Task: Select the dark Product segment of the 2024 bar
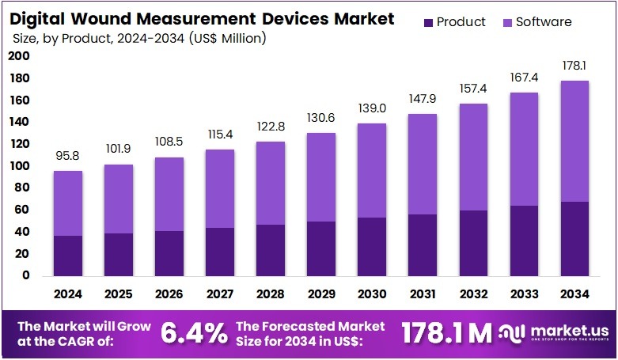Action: [x=68, y=256]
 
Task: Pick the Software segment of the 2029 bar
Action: [x=320, y=177]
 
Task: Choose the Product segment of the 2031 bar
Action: [x=422, y=245]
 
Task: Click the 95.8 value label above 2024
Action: [x=68, y=157]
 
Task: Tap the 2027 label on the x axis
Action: [x=219, y=294]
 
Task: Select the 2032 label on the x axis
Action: [x=472, y=294]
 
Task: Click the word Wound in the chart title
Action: [x=114, y=19]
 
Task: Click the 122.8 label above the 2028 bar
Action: [x=270, y=127]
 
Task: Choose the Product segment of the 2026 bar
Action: [x=169, y=253]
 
